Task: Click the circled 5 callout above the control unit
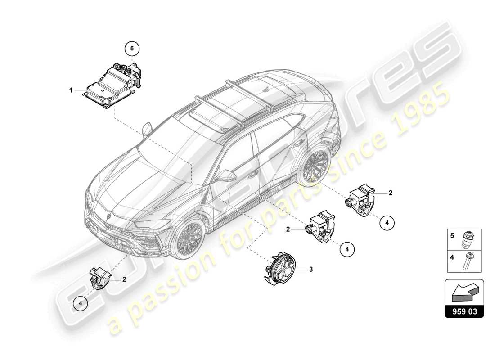coord(132,47)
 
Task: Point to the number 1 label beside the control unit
coord(71,90)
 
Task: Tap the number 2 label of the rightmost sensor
coord(391,193)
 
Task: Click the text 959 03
coord(464,310)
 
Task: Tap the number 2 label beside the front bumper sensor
coord(124,279)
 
